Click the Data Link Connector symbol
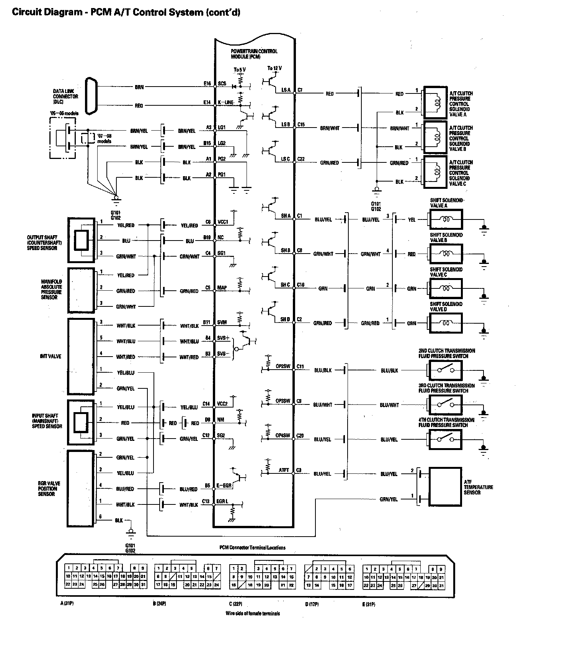pyautogui.click(x=91, y=96)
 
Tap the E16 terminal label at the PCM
pyautogui.click(x=207, y=83)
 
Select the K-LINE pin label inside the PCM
pyautogui.click(x=225, y=102)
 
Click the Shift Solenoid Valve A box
pyautogui.click(x=446, y=220)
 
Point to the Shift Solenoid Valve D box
pyautogui.click(x=446, y=323)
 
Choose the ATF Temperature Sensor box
pyautogui.click(x=445, y=486)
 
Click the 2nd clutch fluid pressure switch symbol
pyautogui.click(x=445, y=370)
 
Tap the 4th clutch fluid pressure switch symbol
pyautogui.click(x=445, y=439)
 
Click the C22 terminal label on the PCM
pyautogui.click(x=301, y=159)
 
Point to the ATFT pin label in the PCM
pyautogui.click(x=284, y=470)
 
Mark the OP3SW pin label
pyautogui.click(x=283, y=401)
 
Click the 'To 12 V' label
pyautogui.click(x=274, y=69)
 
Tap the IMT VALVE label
pyautogui.click(x=51, y=356)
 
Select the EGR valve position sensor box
pyautogui.click(x=81, y=488)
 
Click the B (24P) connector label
pyautogui.click(x=159, y=604)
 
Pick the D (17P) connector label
pyautogui.click(x=312, y=604)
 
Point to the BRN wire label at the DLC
pyautogui.click(x=139, y=87)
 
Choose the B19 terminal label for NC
pyautogui.click(x=207, y=237)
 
